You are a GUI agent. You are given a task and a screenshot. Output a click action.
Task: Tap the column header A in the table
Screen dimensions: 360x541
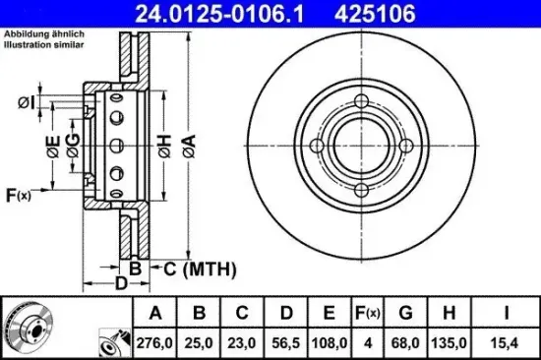(154, 314)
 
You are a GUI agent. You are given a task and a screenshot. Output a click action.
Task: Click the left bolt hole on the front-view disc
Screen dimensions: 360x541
(316, 148)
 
